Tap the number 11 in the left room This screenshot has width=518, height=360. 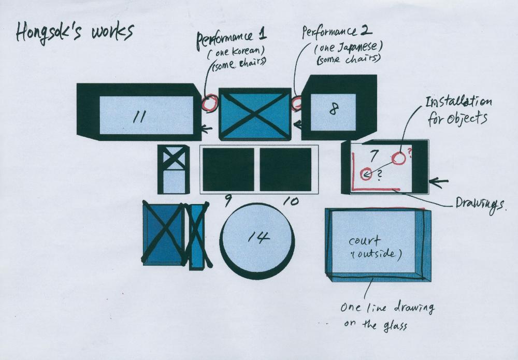(139, 117)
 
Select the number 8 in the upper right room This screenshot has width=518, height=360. (334, 109)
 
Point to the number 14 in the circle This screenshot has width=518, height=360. (258, 236)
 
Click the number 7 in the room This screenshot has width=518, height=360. (373, 155)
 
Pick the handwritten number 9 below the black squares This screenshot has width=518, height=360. (227, 200)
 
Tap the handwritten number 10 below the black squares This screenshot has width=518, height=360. (291, 201)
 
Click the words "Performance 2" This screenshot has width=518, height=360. (337, 32)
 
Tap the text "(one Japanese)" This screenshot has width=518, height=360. (348, 48)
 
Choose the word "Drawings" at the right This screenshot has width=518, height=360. (480, 205)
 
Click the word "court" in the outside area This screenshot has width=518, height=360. (364, 241)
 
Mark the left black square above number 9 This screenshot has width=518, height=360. (228, 169)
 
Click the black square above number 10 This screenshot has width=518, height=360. (285, 169)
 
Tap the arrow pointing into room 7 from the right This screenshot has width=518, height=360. (438, 181)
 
